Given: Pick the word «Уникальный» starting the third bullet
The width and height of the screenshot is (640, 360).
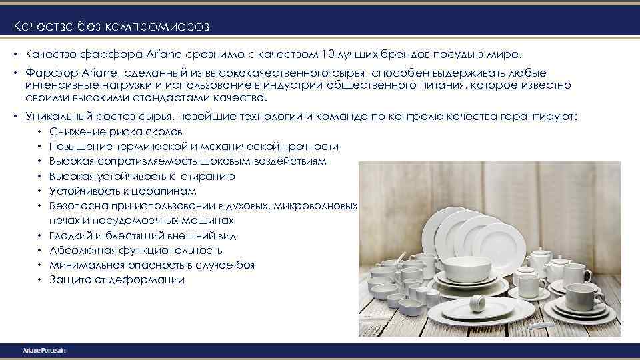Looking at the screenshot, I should pyautogui.click(x=55, y=116).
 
